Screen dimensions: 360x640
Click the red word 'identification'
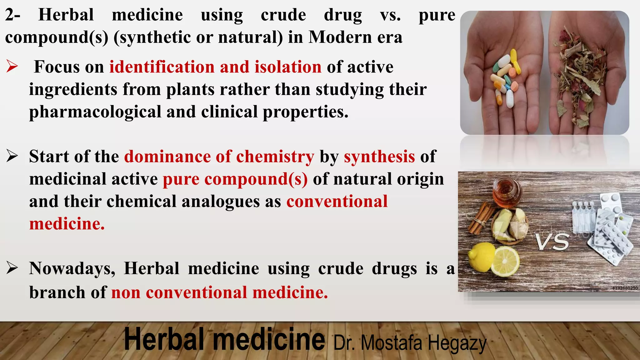(x=162, y=67)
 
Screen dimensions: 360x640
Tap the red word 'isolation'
(x=288, y=67)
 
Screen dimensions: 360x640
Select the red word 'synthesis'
(x=379, y=156)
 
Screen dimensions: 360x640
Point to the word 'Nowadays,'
(x=72, y=268)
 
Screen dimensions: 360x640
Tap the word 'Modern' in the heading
(x=340, y=37)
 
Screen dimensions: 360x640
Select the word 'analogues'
(x=220, y=201)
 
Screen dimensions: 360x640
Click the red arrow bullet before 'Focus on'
(x=12, y=67)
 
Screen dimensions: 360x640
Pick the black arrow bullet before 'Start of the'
(x=12, y=156)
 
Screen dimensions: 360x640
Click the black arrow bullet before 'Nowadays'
(x=12, y=268)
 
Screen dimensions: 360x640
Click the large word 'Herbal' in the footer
(x=164, y=340)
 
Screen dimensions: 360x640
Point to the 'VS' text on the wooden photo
(x=552, y=242)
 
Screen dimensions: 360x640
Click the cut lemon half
(x=505, y=261)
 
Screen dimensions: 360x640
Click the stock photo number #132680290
(x=625, y=288)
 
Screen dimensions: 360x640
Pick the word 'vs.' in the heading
(x=390, y=15)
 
